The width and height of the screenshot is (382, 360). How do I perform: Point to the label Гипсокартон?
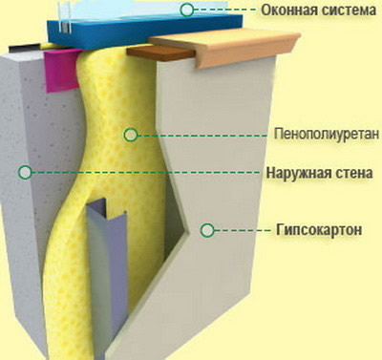point(322,230)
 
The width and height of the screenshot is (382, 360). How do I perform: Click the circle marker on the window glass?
point(187,10)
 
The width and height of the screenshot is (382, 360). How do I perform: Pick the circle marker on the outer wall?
point(25,172)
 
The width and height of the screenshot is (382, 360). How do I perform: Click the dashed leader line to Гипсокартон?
point(247,230)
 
